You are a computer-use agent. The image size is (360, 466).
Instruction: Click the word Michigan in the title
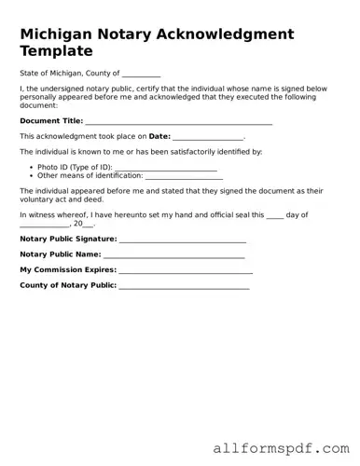[x=59, y=34]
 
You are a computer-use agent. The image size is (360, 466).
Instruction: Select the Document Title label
[x=51, y=121]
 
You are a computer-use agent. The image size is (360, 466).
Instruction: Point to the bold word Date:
[x=159, y=136]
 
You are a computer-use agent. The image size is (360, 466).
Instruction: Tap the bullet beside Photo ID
[x=31, y=167]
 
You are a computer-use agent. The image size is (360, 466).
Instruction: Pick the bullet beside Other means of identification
[x=31, y=175]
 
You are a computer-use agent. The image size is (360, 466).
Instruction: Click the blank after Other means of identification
[x=184, y=176]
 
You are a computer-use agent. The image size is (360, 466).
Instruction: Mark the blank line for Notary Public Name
[x=174, y=255]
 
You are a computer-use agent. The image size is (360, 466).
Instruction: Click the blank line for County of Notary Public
[x=184, y=286]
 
